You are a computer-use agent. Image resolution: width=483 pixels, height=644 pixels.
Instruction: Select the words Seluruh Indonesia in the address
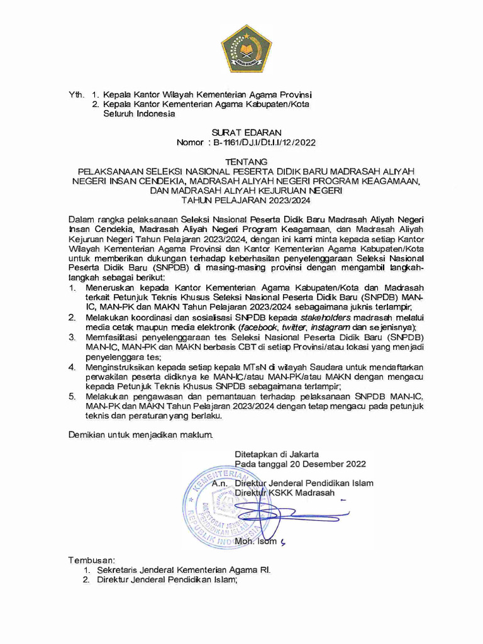(139, 114)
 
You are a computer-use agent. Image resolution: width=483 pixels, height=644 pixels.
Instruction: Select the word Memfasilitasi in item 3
(113, 338)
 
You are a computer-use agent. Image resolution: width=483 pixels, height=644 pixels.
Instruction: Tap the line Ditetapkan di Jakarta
(276, 454)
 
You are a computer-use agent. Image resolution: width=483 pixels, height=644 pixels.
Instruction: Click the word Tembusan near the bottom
(91, 560)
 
